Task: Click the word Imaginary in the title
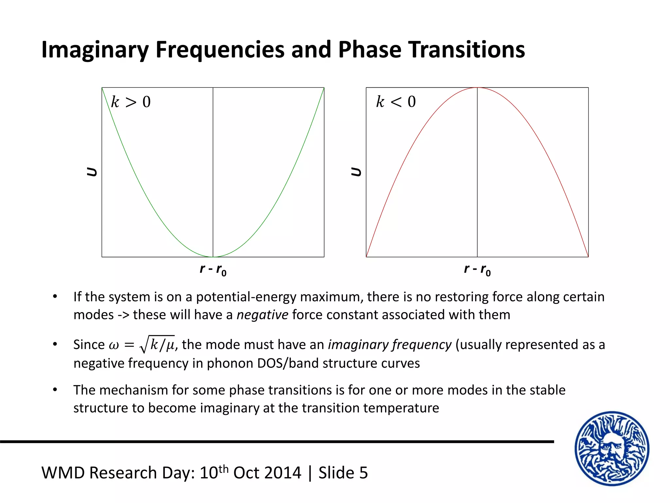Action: (x=95, y=50)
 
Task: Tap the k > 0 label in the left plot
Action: (x=131, y=102)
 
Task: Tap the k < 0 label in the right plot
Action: (x=396, y=102)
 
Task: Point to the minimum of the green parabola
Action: (x=213, y=256)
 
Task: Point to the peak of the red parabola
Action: (x=477, y=88)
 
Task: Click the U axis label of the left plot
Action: (x=92, y=172)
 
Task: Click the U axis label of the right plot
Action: (x=356, y=172)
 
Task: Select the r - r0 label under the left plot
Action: (x=213, y=270)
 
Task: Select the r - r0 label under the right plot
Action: (x=477, y=270)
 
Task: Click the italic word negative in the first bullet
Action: (x=262, y=315)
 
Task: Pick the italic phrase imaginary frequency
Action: (x=390, y=345)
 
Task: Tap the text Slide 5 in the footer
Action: (x=343, y=473)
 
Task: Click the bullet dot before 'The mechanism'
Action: (x=55, y=390)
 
